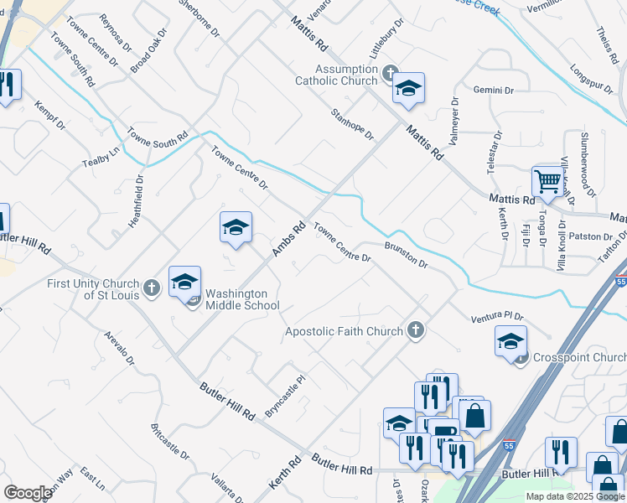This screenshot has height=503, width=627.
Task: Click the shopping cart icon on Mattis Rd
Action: [x=547, y=179]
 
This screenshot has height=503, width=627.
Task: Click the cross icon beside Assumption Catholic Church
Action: [x=389, y=74]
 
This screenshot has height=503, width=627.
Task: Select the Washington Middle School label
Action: [x=242, y=299]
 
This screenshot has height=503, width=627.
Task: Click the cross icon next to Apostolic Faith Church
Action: [x=415, y=331]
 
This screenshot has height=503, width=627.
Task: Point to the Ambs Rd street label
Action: [x=288, y=239]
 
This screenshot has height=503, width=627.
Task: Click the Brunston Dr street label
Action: [x=407, y=254]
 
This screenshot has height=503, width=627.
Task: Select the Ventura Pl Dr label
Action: [x=496, y=316]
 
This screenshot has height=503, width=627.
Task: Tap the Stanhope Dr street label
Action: [x=351, y=123]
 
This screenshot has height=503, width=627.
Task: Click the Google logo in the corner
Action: [x=28, y=493]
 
